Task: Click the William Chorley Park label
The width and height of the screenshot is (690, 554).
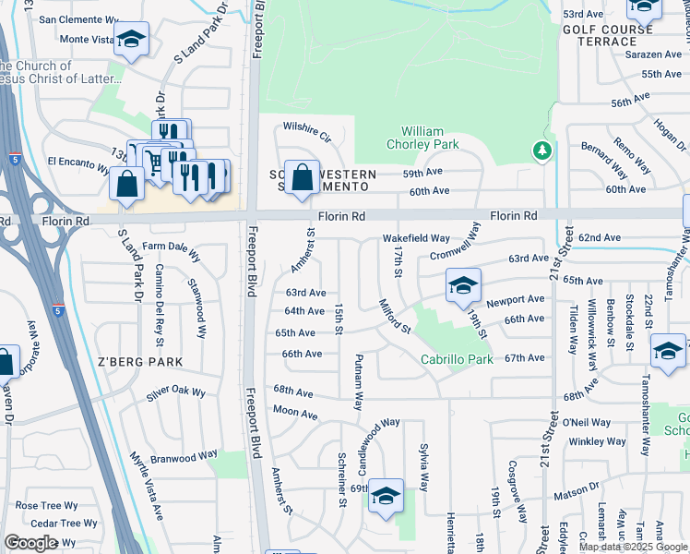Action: (x=429, y=138)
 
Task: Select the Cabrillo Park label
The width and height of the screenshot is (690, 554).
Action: (x=457, y=359)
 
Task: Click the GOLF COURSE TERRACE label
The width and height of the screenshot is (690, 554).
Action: (x=608, y=36)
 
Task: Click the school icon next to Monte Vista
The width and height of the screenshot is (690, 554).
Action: (x=133, y=39)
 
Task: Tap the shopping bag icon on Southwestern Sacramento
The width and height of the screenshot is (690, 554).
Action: (x=302, y=177)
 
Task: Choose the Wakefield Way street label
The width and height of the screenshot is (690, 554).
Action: (x=416, y=238)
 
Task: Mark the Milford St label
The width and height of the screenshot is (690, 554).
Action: (x=394, y=314)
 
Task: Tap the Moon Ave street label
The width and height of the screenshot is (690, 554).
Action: (x=295, y=412)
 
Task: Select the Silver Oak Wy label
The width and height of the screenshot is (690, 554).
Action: (x=175, y=392)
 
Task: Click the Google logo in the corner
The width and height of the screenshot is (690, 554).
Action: (x=30, y=543)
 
